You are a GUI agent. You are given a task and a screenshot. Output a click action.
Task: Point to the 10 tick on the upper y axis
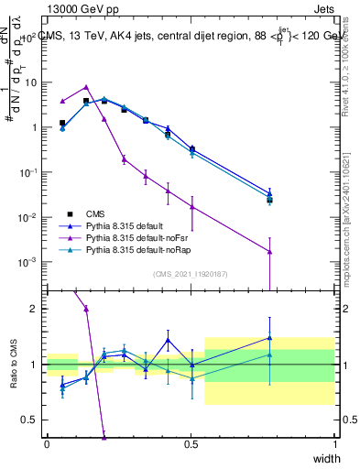[32, 82]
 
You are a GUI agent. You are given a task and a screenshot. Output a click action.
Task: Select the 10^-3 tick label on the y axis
[30, 262]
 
